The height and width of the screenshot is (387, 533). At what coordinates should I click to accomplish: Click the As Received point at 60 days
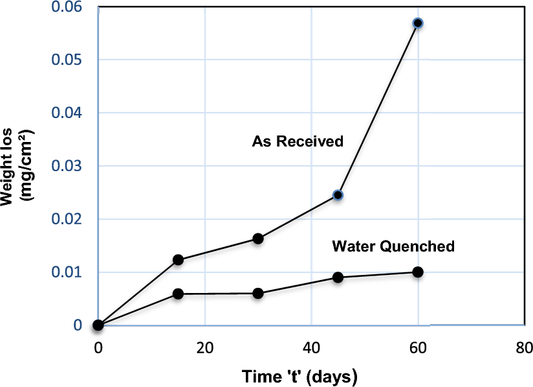[418, 23]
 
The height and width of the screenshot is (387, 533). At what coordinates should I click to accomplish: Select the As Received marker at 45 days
[338, 195]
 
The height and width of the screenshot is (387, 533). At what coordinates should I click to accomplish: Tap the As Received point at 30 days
[258, 239]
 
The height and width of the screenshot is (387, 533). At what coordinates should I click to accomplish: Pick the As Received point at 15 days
[178, 260]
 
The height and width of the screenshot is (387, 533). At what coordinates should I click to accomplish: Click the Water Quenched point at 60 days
[418, 272]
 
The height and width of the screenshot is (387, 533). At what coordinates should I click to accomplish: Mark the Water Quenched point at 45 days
[338, 277]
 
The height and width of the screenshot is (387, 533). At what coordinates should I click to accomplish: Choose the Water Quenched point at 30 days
[258, 293]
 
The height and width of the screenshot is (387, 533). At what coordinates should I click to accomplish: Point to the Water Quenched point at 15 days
[178, 294]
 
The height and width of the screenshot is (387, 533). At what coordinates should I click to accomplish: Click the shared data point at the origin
[98, 325]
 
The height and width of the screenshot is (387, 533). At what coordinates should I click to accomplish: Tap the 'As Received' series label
[298, 141]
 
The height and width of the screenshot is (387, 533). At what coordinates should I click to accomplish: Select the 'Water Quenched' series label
[393, 246]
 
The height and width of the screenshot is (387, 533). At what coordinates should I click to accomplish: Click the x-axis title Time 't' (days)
[299, 376]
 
